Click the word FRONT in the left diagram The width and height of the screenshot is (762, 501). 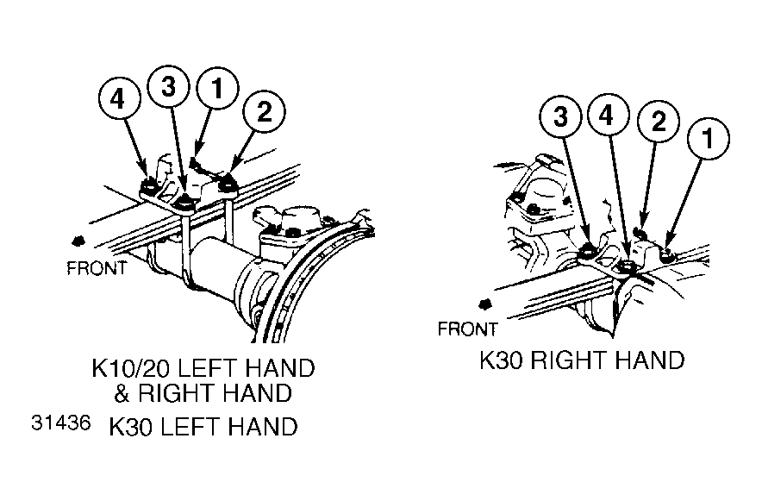click(97, 268)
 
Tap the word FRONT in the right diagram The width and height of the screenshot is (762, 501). click(467, 329)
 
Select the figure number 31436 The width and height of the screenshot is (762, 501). click(60, 423)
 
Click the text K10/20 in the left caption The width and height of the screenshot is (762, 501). click(131, 368)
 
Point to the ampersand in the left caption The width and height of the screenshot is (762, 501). click(122, 393)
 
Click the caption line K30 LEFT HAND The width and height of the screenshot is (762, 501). click(203, 427)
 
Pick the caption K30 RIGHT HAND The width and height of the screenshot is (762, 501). click(582, 360)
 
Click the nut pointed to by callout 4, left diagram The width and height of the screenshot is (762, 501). click(147, 185)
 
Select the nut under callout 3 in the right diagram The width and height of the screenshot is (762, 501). click(586, 251)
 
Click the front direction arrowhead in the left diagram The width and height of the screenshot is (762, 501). click(77, 241)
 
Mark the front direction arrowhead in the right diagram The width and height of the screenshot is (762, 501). click(484, 304)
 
